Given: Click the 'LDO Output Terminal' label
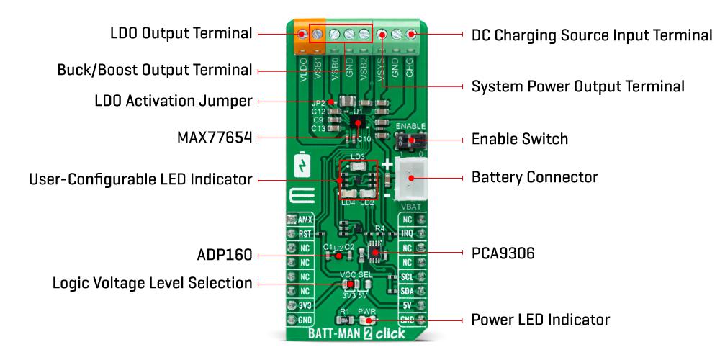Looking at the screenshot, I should click(x=181, y=34).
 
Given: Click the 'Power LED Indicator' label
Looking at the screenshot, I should click(x=540, y=319).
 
